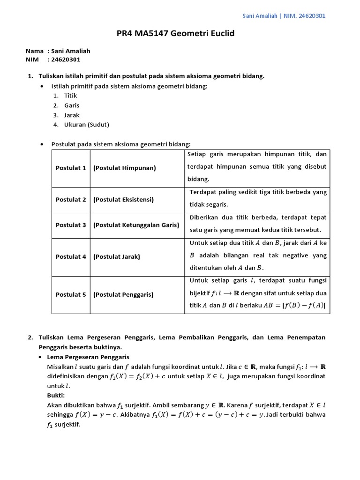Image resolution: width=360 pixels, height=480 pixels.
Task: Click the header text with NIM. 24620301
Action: (284, 16)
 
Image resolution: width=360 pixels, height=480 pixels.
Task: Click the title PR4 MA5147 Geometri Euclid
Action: (175, 34)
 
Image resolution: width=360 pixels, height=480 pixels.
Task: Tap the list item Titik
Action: (70, 96)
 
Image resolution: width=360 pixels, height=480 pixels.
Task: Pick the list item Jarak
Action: (72, 115)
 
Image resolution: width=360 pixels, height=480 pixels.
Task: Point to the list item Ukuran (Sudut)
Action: (86, 125)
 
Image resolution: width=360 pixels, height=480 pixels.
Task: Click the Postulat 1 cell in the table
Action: (71, 168)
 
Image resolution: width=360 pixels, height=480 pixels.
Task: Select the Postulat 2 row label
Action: (71, 200)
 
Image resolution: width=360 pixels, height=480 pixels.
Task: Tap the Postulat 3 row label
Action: (71, 225)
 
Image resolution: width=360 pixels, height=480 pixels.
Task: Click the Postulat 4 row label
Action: (71, 257)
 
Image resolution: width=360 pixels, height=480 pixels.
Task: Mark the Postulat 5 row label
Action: (71, 295)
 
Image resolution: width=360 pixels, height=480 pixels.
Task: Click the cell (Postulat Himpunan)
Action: (124, 168)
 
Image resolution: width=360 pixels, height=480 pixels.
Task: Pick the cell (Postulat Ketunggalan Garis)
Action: (136, 225)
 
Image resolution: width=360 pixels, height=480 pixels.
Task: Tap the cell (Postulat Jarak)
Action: (117, 257)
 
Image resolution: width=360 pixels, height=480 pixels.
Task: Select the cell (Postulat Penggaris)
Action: (123, 295)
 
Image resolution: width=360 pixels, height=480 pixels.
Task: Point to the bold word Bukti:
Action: (57, 396)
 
